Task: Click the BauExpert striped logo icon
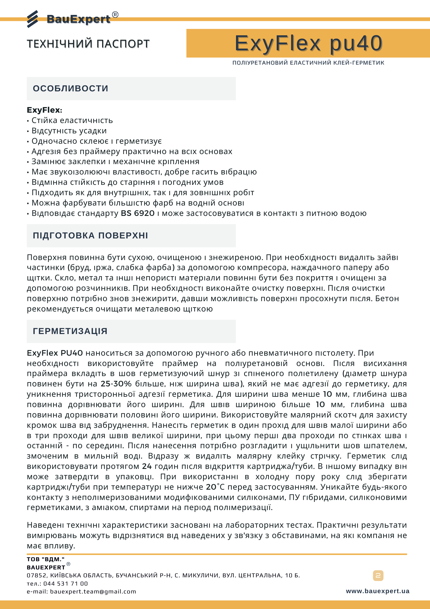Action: coord(33,19)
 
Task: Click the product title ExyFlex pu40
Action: coord(308,43)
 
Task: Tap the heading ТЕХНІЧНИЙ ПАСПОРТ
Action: coord(88,44)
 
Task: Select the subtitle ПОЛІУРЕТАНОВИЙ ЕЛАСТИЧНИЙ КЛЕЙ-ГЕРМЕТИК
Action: coord(308,63)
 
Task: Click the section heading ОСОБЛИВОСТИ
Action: coord(71,89)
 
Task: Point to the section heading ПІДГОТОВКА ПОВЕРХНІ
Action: coord(90,236)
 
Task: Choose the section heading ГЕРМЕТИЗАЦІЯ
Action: coord(70,331)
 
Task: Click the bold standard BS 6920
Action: coord(138,213)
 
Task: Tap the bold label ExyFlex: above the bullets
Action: coord(44,110)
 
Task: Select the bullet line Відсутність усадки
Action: coord(69,131)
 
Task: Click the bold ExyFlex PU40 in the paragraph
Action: coord(55,353)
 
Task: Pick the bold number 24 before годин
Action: coord(147,466)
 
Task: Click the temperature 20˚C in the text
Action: coord(215,487)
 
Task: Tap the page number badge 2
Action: coord(378,576)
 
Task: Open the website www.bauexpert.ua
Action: coord(377,591)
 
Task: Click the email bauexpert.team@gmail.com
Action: coord(93,592)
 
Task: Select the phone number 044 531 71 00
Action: coord(65,584)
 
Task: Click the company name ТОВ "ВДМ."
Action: coord(46,559)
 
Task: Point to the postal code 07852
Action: coord(36,576)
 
